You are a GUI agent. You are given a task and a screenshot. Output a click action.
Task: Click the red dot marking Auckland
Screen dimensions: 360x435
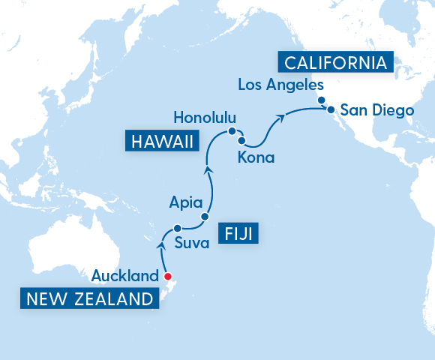[x=167, y=275]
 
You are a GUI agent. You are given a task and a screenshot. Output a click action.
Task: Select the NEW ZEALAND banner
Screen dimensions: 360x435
[x=90, y=300]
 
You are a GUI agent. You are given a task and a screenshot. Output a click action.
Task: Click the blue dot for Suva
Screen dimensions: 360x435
[x=177, y=228]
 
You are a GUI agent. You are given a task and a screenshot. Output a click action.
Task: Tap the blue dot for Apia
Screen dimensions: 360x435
[x=204, y=217]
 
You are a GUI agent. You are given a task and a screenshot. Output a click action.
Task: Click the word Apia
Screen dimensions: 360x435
[x=185, y=201]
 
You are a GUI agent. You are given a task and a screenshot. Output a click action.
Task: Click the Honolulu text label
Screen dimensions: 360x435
[x=204, y=118]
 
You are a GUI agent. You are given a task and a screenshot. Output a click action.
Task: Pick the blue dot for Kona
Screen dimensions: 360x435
[x=241, y=140]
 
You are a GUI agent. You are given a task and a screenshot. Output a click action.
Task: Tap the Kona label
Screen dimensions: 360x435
[x=256, y=157]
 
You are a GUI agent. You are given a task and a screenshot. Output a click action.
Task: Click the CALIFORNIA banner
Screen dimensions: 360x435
[x=334, y=61]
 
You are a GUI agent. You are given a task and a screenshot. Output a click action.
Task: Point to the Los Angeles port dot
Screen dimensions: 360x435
[x=321, y=100]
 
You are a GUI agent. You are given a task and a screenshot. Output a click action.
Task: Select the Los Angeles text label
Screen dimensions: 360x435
[x=280, y=85]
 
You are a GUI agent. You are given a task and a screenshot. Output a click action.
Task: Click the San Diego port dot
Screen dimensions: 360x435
[x=330, y=110]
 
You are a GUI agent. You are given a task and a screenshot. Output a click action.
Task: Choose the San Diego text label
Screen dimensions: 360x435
[x=376, y=111]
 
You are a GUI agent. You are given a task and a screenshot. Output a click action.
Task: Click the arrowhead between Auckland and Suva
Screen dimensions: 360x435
[x=160, y=243]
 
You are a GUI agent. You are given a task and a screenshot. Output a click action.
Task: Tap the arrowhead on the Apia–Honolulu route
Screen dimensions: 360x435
[x=209, y=169]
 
